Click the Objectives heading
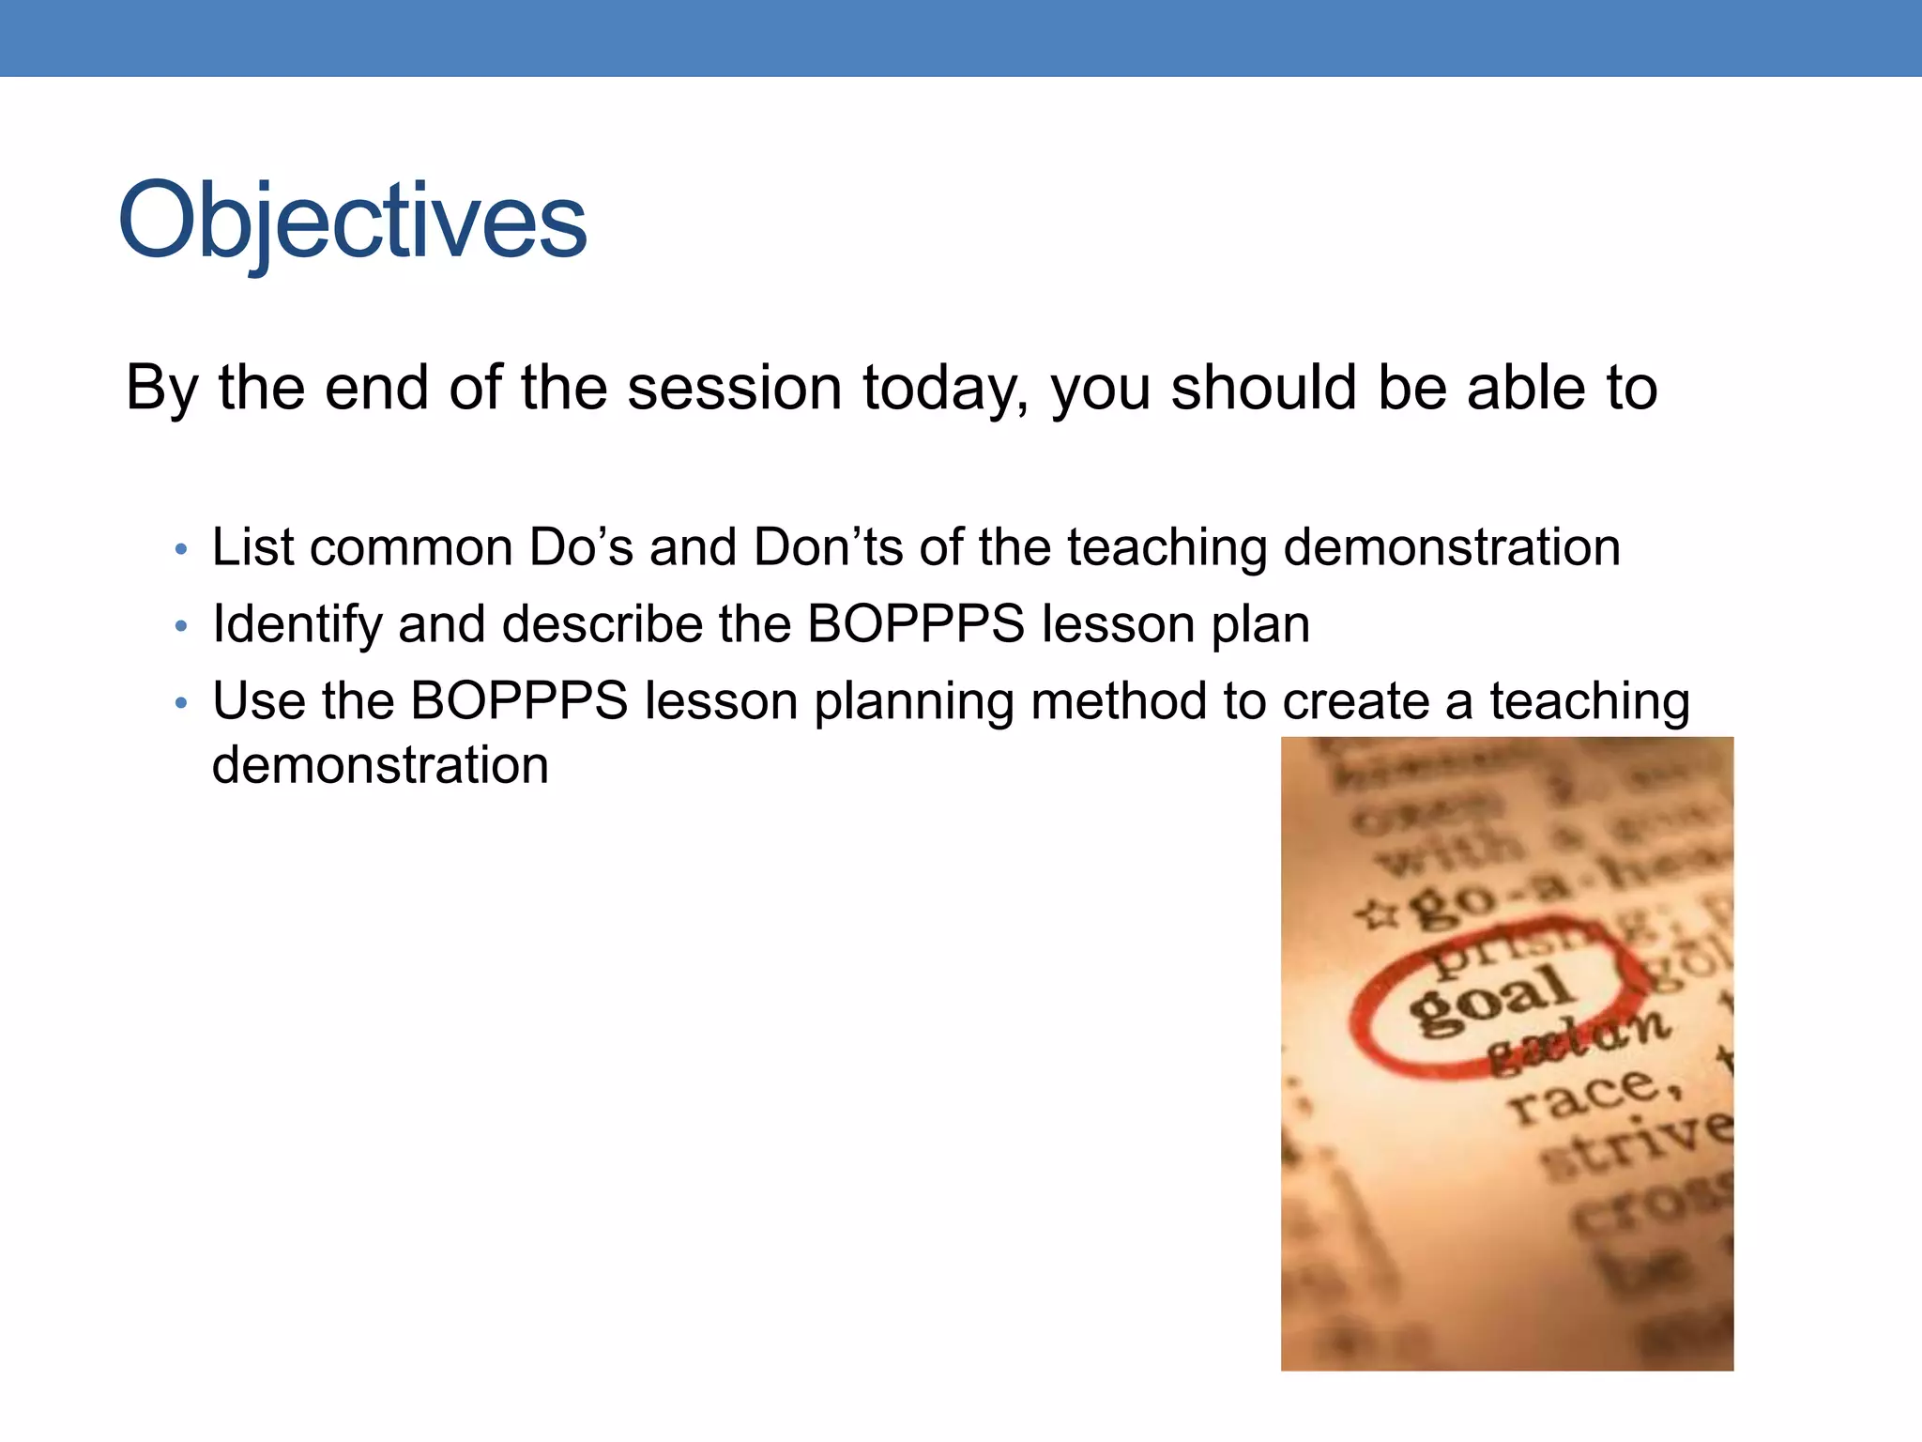[x=352, y=222]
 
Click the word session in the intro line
[x=734, y=388]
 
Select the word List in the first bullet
[x=253, y=547]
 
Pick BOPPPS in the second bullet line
[x=916, y=624]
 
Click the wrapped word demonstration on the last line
[x=380, y=765]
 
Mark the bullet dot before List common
[x=181, y=549]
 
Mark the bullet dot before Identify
[x=181, y=626]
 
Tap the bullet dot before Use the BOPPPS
[x=181, y=703]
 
